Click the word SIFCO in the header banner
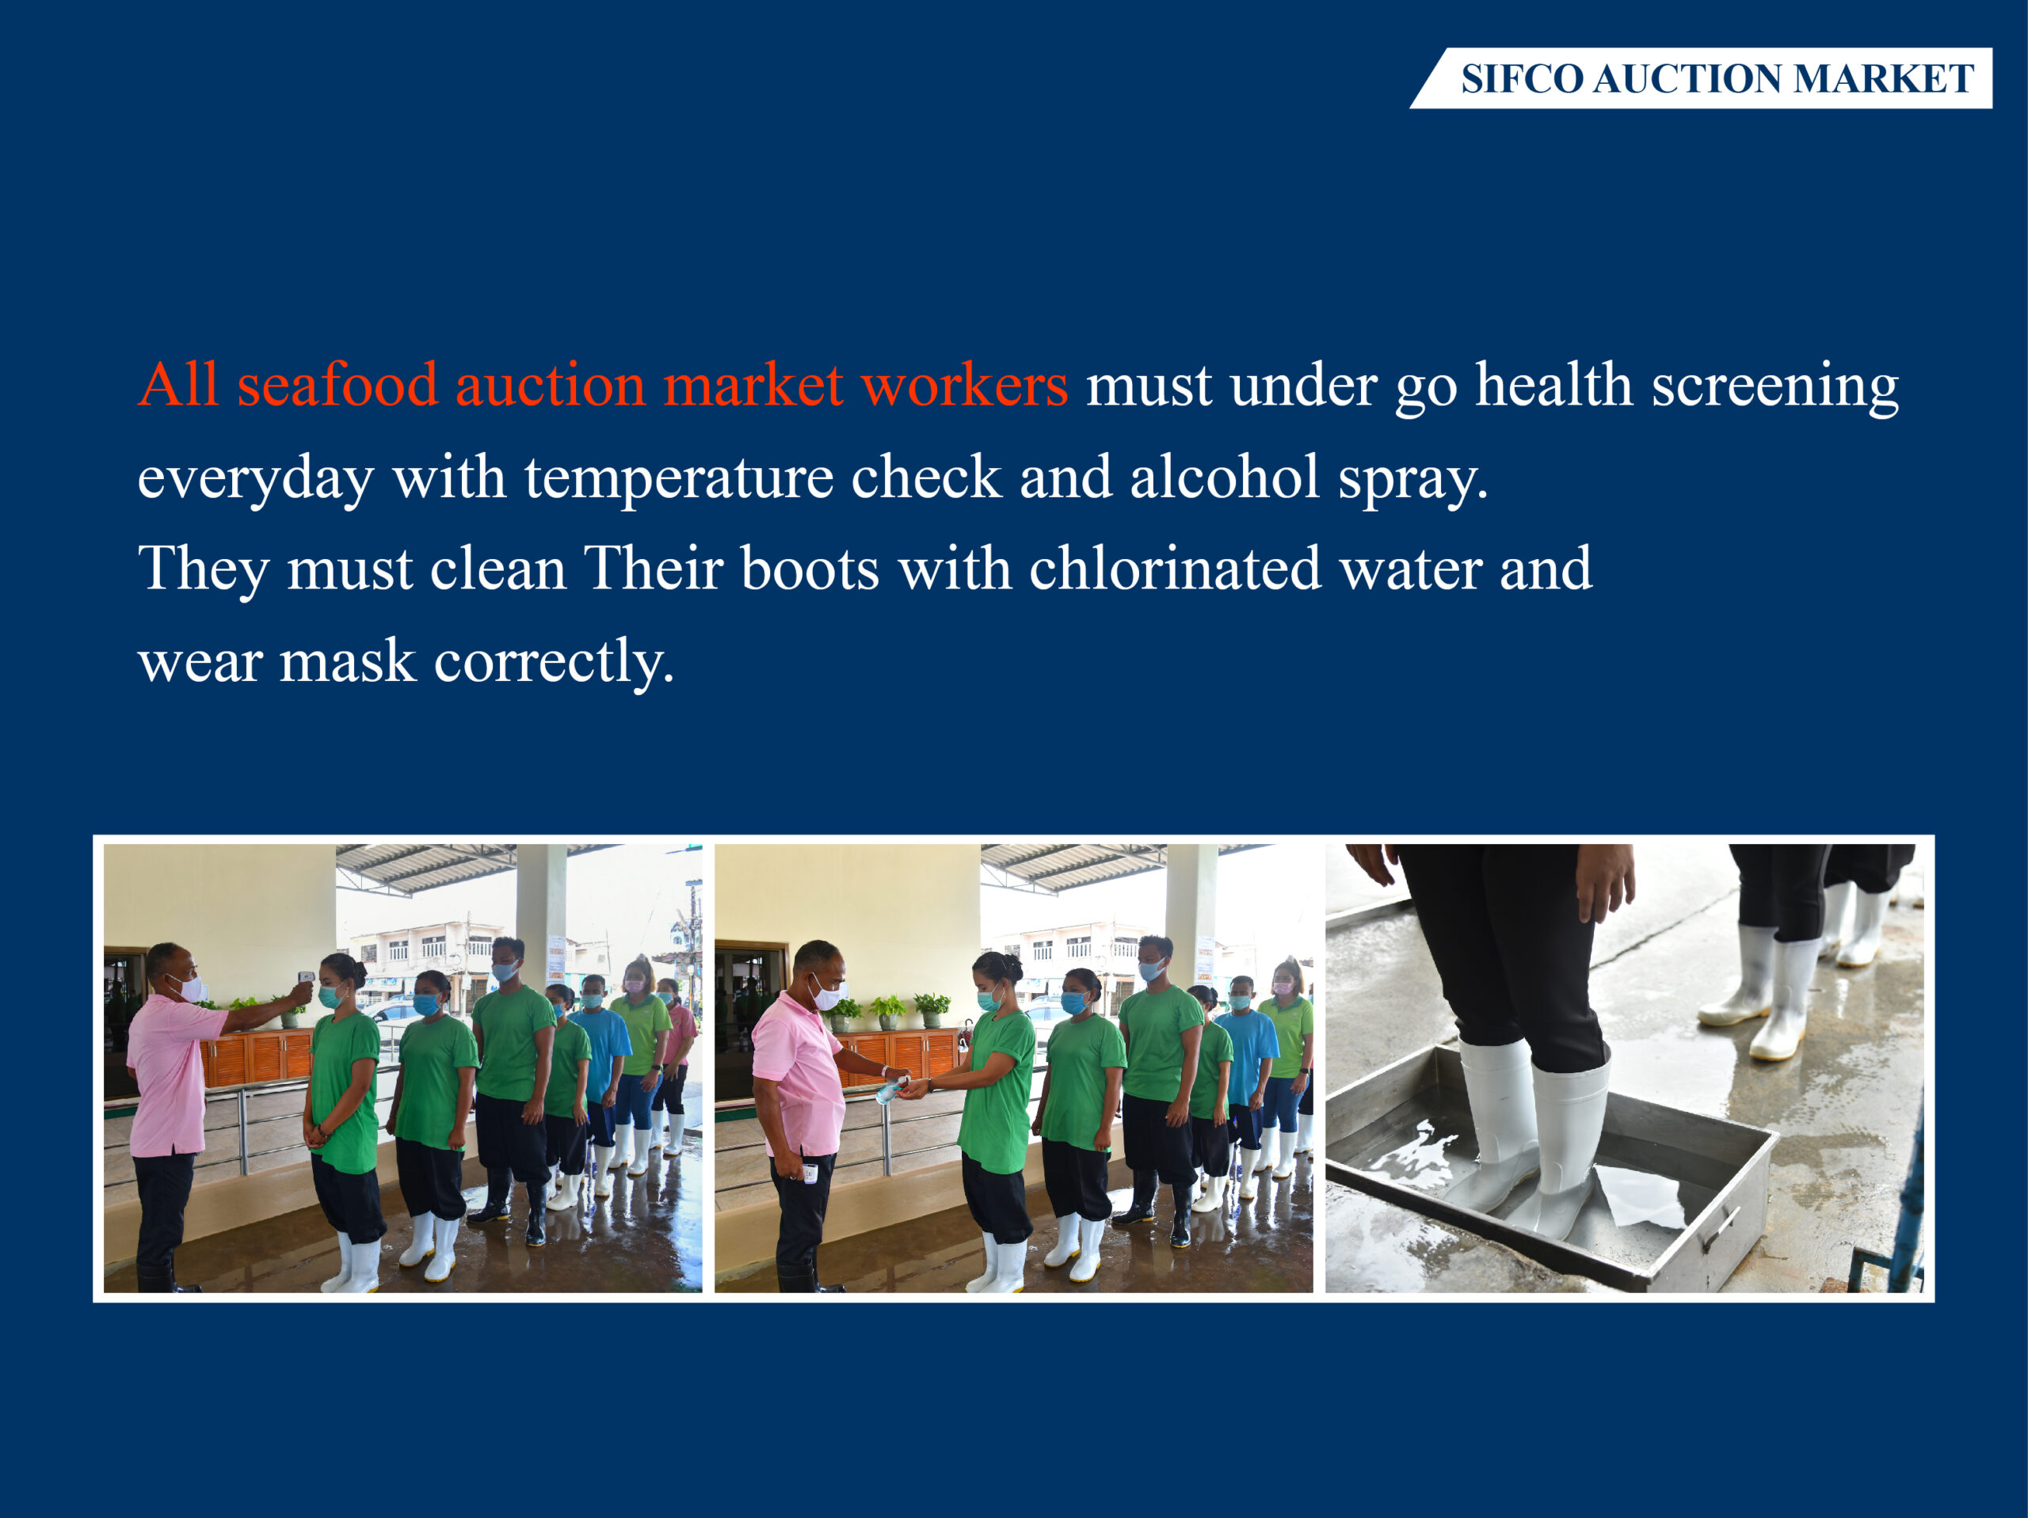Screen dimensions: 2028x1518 click(1522, 79)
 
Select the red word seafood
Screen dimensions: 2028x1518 click(337, 384)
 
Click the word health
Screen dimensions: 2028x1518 click(1554, 384)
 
